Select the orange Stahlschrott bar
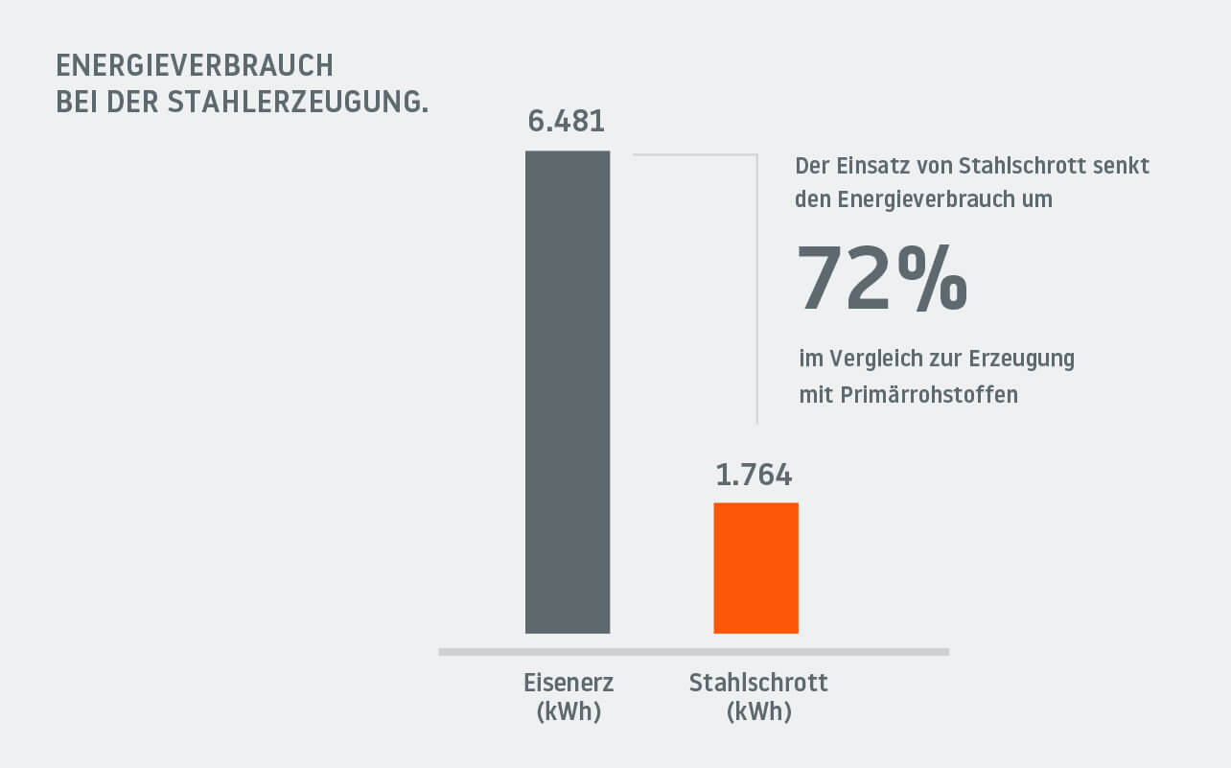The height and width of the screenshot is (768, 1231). pos(755,568)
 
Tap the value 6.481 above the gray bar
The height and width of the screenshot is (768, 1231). pos(567,123)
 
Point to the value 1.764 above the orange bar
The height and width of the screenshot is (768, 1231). pos(755,475)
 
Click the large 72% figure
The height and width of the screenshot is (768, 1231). pos(882,279)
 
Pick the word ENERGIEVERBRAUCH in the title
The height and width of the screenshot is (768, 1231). pos(195,66)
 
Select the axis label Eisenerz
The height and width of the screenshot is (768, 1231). pos(569,684)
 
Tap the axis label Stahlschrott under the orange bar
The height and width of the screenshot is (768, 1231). pos(758,684)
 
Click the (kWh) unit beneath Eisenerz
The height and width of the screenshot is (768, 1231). pos(569,712)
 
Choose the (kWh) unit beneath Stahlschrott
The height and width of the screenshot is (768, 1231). pos(758,712)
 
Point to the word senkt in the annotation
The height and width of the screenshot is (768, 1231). pos(1123,166)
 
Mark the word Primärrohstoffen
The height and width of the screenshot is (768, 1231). pos(928,394)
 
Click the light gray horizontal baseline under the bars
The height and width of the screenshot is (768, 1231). pos(693,652)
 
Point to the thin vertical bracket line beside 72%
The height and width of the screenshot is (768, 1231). pos(757,288)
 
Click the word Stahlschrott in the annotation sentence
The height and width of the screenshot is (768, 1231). pos(1019,166)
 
